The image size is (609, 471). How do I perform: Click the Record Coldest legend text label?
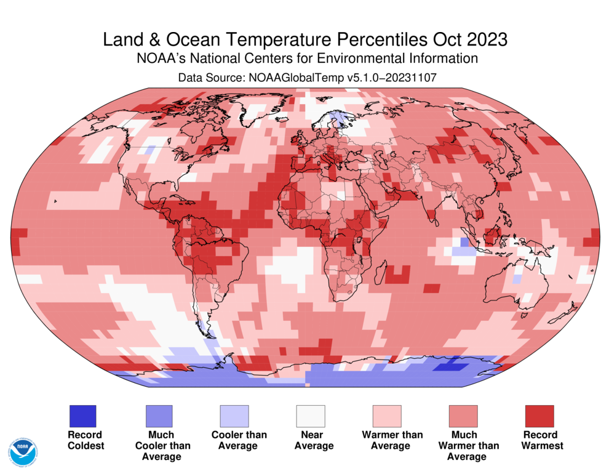pyautogui.click(x=86, y=440)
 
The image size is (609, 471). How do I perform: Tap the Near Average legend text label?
pyautogui.click(x=313, y=440)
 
